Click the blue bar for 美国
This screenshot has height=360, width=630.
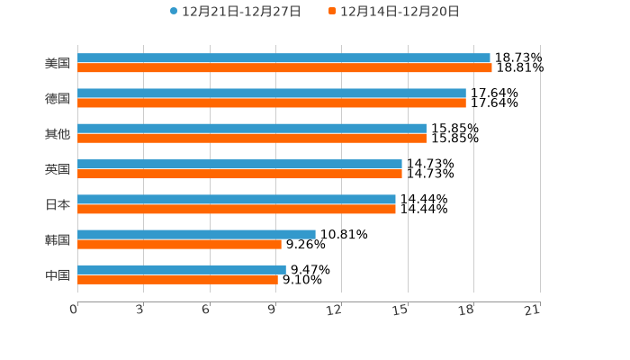click(x=283, y=58)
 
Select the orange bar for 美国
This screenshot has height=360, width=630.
click(x=284, y=67)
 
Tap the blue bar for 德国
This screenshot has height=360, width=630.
click(x=272, y=93)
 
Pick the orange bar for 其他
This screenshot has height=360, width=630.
click(x=252, y=139)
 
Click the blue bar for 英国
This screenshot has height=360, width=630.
click(x=239, y=164)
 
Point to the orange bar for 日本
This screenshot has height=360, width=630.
click(x=237, y=209)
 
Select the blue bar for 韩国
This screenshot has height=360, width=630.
click(x=196, y=234)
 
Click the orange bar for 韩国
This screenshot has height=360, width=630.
click(x=179, y=244)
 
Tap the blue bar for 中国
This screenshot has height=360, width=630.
click(x=182, y=269)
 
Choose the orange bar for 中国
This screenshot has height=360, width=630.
click(x=177, y=279)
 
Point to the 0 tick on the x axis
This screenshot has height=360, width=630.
click(x=74, y=310)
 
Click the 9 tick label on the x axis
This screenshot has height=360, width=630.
click(x=272, y=310)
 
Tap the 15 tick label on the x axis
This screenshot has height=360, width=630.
click(x=400, y=310)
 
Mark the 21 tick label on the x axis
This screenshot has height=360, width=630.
click(x=532, y=310)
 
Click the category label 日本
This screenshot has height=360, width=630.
click(x=58, y=204)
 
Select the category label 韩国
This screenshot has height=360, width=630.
click(x=58, y=239)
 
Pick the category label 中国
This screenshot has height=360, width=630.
click(x=58, y=274)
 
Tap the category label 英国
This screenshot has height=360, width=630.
click(x=58, y=169)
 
